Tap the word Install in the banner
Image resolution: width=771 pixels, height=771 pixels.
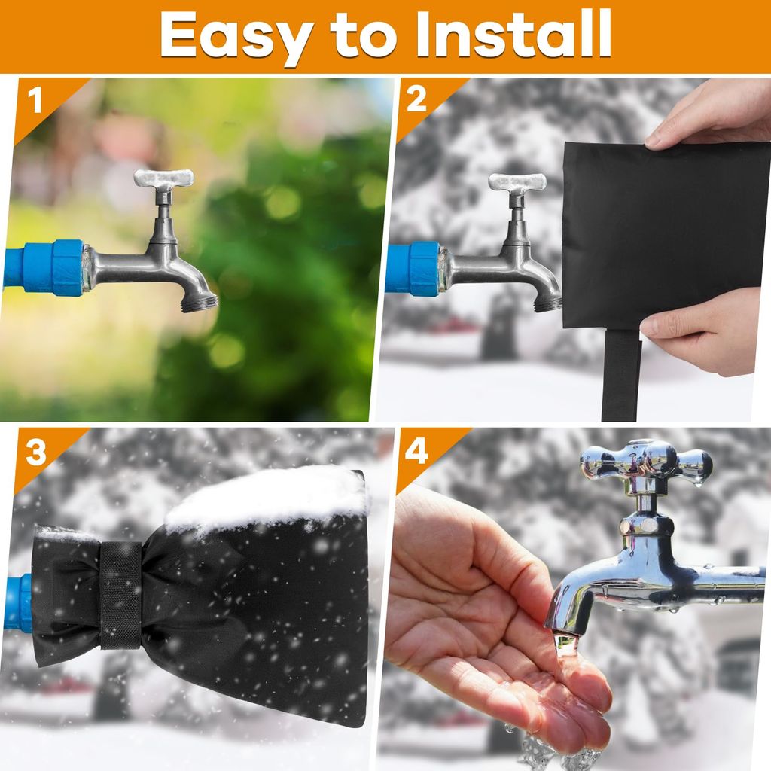[x=513, y=33]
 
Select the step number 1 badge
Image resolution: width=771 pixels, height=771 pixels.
[x=35, y=101]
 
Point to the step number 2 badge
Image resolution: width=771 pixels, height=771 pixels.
[x=416, y=100]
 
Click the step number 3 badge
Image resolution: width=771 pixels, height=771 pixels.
[x=35, y=453]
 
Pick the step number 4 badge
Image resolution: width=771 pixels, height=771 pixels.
[x=416, y=452]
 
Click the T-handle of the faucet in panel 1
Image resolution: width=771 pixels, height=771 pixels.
[x=163, y=178]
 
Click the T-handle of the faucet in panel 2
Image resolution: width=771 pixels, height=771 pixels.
[x=517, y=181]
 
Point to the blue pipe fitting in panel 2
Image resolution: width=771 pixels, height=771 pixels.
[x=413, y=270]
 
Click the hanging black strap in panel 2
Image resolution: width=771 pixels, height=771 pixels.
[x=621, y=375]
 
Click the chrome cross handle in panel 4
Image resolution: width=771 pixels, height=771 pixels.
[x=645, y=462]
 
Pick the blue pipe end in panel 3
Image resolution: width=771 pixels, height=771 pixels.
[x=19, y=602]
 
